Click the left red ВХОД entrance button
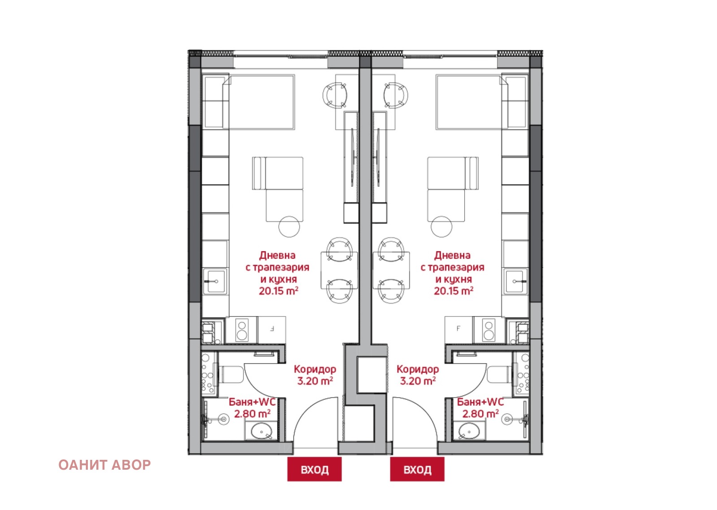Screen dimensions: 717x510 click(314, 469)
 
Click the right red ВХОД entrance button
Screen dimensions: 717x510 click(417, 469)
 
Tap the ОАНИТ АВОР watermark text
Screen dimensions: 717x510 click(104, 465)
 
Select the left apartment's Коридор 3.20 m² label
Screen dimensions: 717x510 click(315, 375)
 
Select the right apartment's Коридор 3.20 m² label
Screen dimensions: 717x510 click(418, 375)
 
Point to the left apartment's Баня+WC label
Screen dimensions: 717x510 click(252, 402)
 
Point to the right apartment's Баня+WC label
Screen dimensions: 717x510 click(480, 402)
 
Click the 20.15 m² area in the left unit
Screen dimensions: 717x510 click(278, 291)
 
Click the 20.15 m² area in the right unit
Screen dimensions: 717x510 click(454, 291)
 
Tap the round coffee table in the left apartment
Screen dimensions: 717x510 click(289, 227)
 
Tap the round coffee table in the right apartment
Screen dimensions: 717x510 click(441, 227)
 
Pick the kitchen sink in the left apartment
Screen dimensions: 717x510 click(215, 281)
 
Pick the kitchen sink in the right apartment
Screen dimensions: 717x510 click(515, 281)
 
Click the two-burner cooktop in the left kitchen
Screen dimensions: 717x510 click(242, 330)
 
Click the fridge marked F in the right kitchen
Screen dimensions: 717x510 click(459, 330)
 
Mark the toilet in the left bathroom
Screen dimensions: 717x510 click(231, 374)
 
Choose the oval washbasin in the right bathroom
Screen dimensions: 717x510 click(469, 431)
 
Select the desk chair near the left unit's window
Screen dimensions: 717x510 click(335, 95)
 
